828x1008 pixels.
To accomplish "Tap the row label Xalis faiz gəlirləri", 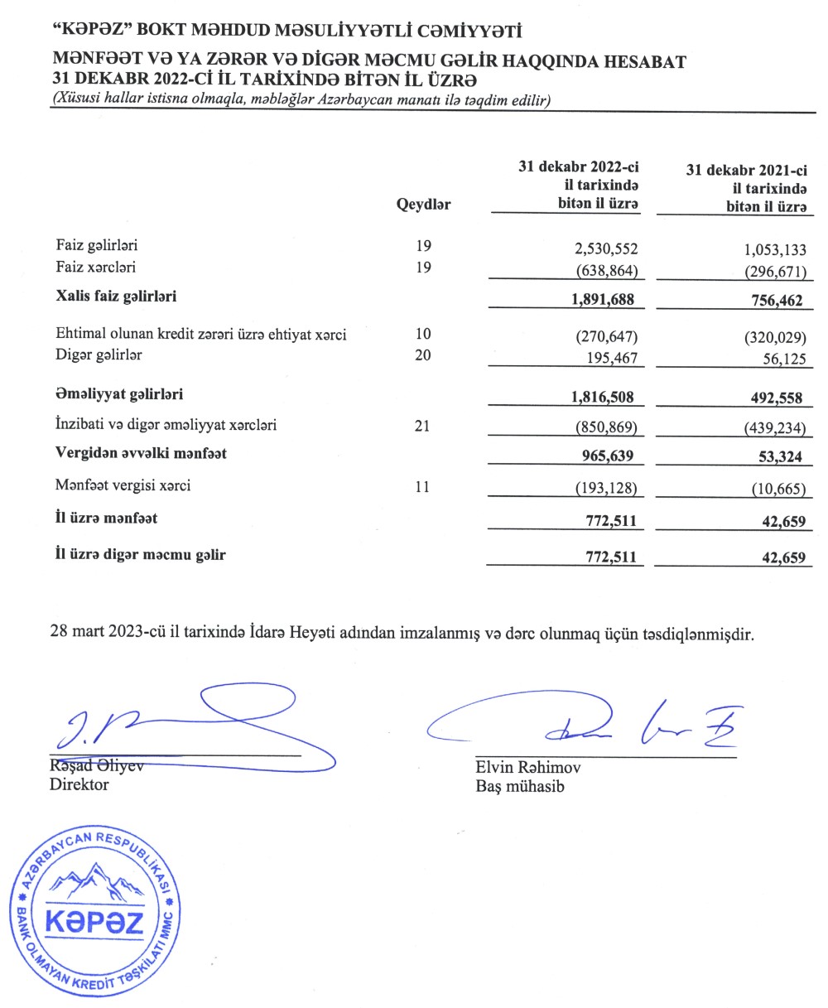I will pyautogui.click(x=116, y=295).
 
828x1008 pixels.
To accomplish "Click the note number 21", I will pyautogui.click(x=422, y=426).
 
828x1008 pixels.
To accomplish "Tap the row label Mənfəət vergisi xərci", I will pyautogui.click(x=123, y=486).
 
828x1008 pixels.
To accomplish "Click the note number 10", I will pyautogui.click(x=422, y=335).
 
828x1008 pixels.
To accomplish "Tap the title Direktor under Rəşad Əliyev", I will pyautogui.click(x=79, y=784).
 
